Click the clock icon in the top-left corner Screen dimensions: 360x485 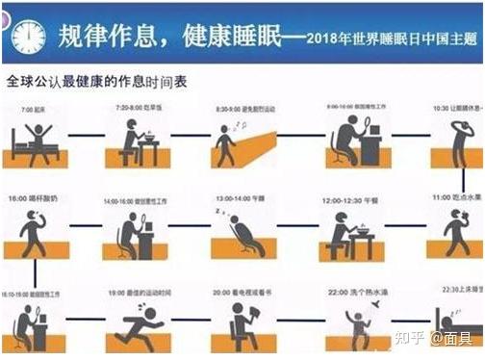28,36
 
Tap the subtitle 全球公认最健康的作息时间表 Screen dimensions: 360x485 96,82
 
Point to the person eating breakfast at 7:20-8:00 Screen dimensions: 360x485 135,140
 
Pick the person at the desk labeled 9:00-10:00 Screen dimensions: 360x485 348,140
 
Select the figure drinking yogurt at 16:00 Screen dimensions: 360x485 35,229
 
